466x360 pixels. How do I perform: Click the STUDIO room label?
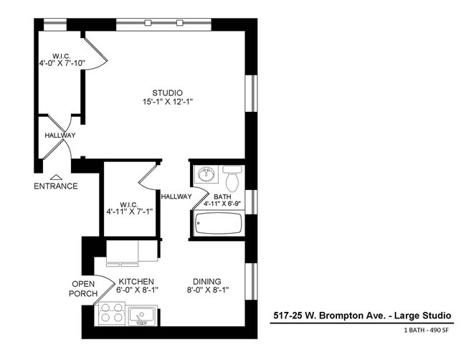[x=167, y=93]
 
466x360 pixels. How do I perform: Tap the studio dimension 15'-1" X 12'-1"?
[x=167, y=102]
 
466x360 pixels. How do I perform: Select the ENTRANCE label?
[x=56, y=186]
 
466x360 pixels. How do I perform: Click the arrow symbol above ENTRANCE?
[x=56, y=176]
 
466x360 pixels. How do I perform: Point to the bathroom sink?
[x=206, y=174]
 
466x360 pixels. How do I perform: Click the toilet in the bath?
[x=232, y=176]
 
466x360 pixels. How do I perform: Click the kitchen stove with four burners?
[x=110, y=313]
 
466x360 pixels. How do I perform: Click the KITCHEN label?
[x=137, y=281]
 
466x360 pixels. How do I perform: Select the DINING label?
[x=206, y=281]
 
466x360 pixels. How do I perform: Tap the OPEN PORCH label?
[x=83, y=288]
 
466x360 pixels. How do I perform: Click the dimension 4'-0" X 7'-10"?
[x=62, y=63]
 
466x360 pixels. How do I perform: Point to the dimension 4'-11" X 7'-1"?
[x=130, y=212]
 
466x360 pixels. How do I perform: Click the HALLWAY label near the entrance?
[x=60, y=136]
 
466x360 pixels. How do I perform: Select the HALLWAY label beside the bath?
[x=176, y=196]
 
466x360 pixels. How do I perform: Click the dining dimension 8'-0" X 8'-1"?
[x=206, y=290]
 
